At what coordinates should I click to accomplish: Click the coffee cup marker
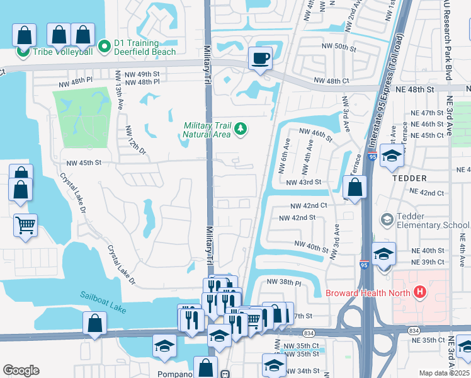point(260,59)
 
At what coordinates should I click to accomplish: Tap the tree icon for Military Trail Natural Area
point(240,130)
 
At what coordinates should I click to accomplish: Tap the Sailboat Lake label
point(102,295)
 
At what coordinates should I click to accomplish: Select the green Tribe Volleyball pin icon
point(23,50)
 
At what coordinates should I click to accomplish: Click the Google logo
point(21,370)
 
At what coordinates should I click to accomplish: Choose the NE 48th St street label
point(413,90)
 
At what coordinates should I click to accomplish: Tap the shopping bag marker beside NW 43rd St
point(355,187)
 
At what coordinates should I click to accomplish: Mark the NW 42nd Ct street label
point(309,205)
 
